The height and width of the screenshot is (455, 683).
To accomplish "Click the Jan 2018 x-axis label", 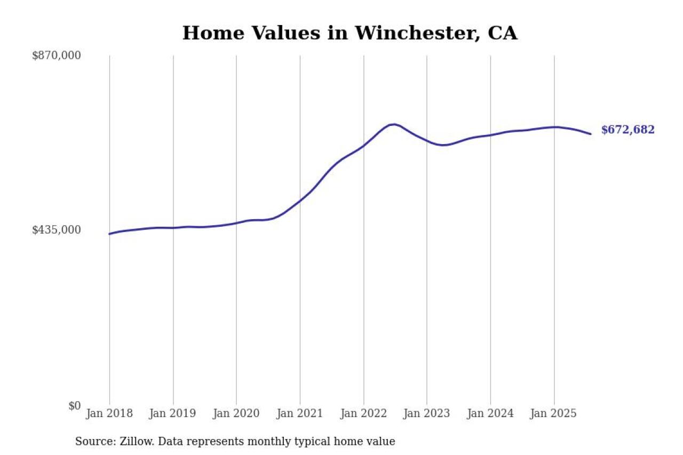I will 109,414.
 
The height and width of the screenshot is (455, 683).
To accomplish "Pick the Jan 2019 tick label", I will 173,414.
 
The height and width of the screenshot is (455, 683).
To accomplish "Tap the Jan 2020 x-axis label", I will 236,414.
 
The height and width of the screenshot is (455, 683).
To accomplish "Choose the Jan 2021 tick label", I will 300,414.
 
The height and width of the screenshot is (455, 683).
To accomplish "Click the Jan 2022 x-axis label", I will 363,414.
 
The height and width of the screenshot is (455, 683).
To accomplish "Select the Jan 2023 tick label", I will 427,414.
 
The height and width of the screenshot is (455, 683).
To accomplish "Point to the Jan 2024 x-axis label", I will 490,414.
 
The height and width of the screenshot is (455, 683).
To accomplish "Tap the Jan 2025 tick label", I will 554,414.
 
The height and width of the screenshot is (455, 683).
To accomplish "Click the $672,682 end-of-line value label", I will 628,130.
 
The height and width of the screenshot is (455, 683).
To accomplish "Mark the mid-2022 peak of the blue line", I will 393,124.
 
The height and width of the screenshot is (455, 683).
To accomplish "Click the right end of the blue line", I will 591,134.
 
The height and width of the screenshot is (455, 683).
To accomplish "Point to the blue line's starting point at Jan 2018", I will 109,234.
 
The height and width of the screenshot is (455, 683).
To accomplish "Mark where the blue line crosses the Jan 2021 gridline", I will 300,201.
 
